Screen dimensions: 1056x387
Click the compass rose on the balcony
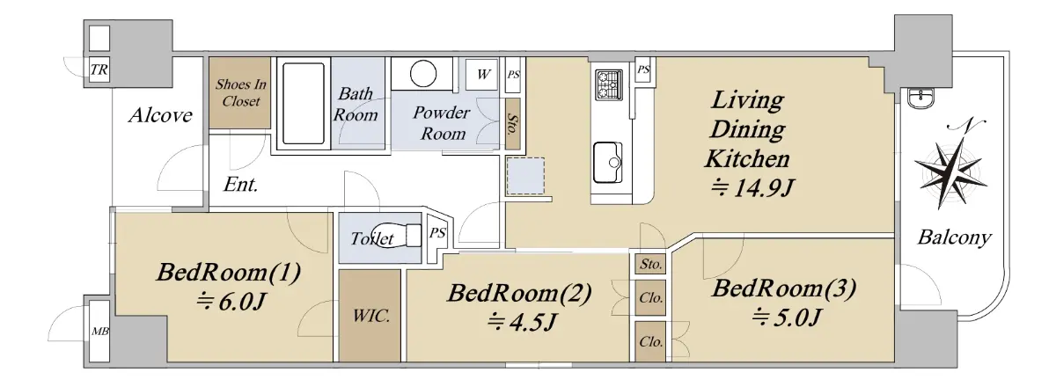(x=950, y=167)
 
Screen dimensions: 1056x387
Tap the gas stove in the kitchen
(x=609, y=84)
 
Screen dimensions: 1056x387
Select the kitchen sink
(x=608, y=163)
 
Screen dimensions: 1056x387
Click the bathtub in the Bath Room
(x=304, y=104)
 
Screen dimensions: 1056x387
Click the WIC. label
(x=371, y=316)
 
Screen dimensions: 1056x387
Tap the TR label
(x=99, y=70)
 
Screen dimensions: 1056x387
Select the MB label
(x=100, y=332)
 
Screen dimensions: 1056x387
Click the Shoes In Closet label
(x=241, y=93)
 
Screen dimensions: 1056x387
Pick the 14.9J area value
(x=752, y=188)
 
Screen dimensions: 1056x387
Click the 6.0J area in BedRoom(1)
(x=231, y=302)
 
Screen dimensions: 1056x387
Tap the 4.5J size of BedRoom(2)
(x=522, y=323)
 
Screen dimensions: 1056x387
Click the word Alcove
(x=160, y=115)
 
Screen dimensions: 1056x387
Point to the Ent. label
(x=240, y=185)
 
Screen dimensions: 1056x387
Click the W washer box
(x=482, y=75)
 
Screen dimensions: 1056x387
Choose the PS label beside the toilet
(x=437, y=233)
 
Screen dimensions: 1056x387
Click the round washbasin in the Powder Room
(x=423, y=74)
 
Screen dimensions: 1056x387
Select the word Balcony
(x=954, y=237)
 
